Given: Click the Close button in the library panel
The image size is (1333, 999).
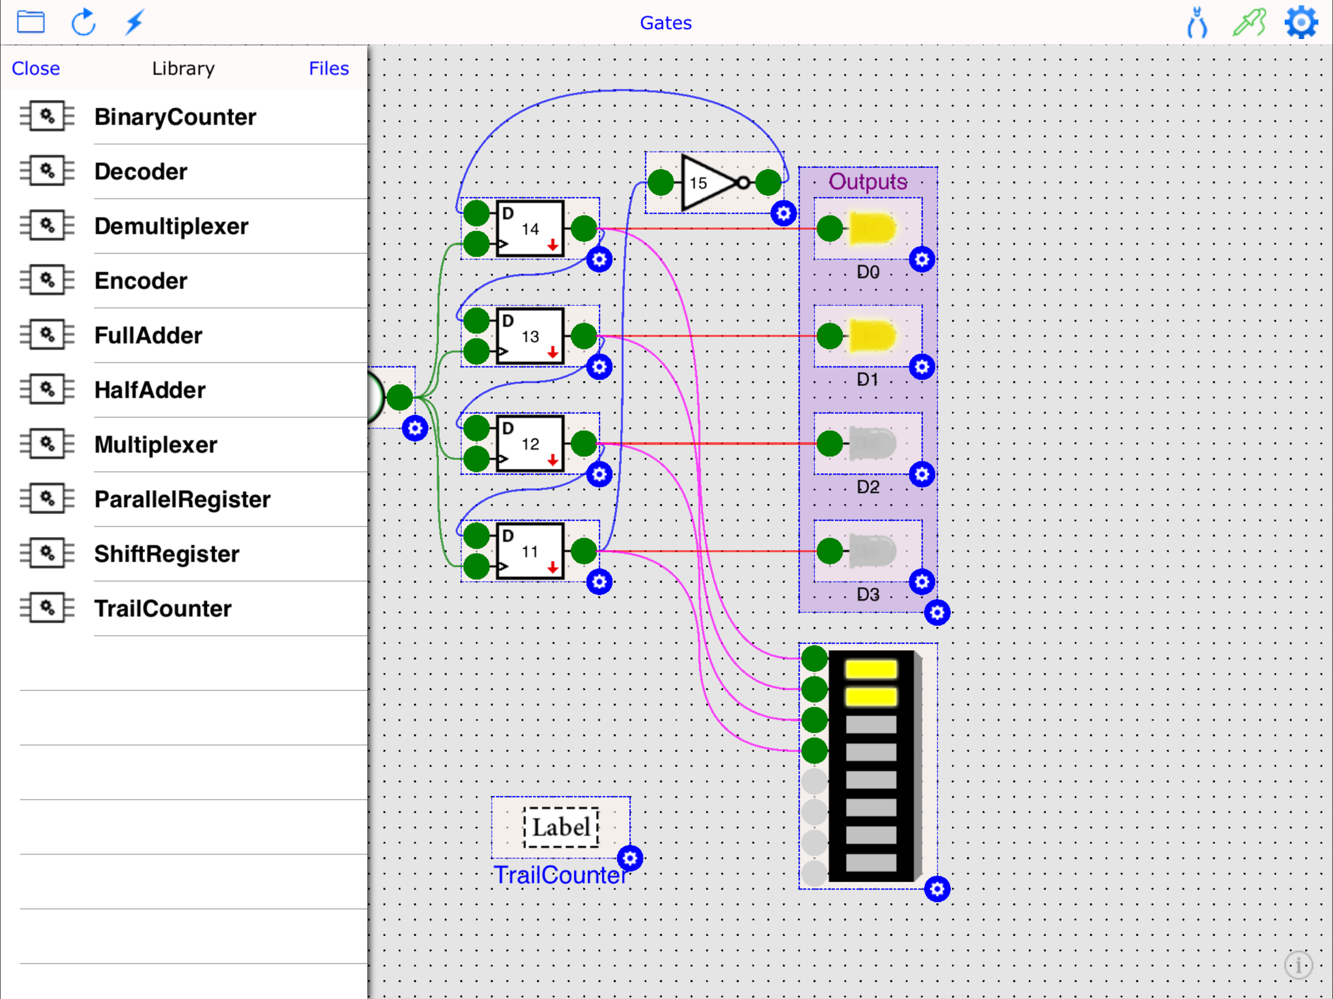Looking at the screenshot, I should [36, 68].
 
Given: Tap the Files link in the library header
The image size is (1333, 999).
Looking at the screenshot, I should [328, 68].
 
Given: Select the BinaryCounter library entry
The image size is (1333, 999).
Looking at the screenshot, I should [175, 117].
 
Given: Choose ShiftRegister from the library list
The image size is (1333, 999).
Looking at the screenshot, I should [166, 554].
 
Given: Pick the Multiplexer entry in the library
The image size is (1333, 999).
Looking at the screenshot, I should [156, 445].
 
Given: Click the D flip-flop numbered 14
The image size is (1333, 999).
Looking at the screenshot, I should [530, 229].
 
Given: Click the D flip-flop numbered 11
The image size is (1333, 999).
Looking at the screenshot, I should [530, 551].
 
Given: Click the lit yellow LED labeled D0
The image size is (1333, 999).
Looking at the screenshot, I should [871, 228].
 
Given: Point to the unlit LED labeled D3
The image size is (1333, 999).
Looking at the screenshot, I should [871, 551].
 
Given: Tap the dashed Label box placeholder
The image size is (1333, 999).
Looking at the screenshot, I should [561, 827].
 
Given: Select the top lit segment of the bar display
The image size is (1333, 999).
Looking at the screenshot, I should [871, 669].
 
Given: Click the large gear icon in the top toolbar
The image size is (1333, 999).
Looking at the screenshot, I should [1301, 22].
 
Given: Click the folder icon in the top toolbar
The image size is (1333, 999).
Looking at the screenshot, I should [31, 22].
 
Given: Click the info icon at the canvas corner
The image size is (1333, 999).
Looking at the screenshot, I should [1298, 965].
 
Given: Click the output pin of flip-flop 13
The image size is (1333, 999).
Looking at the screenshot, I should [584, 336].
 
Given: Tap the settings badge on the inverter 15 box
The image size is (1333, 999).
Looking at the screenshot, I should [783, 213].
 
